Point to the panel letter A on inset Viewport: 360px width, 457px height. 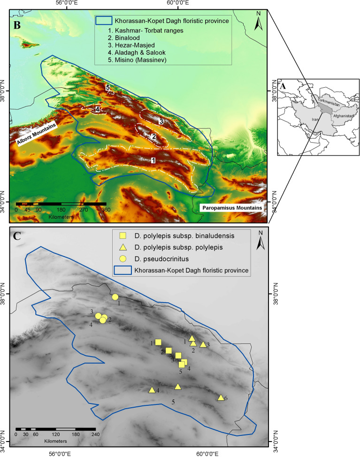(283, 86)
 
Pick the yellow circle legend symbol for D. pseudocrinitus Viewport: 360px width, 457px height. (123, 259)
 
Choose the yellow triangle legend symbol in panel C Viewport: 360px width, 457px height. (123, 247)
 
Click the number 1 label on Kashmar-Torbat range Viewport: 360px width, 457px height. (153, 160)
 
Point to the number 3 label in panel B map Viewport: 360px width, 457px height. (161, 122)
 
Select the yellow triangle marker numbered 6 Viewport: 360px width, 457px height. (221, 397)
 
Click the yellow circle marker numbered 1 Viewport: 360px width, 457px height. (115, 297)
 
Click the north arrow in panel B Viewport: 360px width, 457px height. (258, 22)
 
